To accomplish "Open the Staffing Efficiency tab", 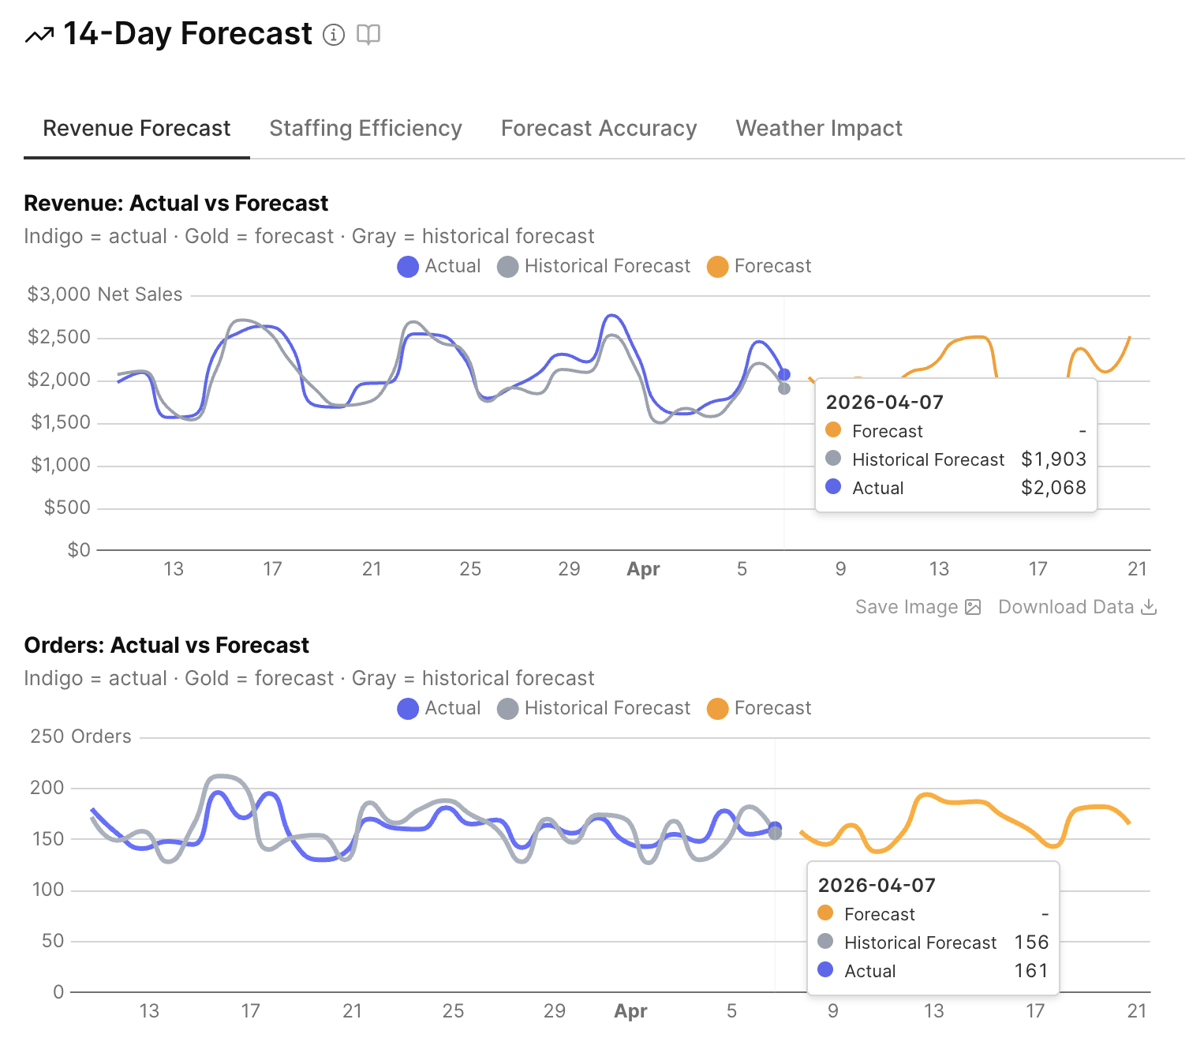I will click(x=365, y=128).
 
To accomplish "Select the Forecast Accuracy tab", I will click(x=599, y=128).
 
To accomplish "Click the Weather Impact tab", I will click(x=819, y=128).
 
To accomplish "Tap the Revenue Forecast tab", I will click(x=136, y=128).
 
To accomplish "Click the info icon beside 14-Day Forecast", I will click(x=334, y=35).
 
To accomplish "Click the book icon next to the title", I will click(x=368, y=35).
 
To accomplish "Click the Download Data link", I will click(x=1077, y=607).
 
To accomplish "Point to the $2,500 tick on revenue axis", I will click(x=59, y=337).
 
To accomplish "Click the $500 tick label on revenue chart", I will click(x=67, y=508).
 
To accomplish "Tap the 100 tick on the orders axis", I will click(x=48, y=890).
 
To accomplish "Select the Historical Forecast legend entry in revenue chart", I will click(x=593, y=267).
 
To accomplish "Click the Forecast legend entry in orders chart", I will click(x=759, y=709).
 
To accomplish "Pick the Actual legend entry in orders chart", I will click(x=439, y=709).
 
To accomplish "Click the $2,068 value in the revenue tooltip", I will click(x=1053, y=488).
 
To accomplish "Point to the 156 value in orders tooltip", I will click(x=1031, y=942).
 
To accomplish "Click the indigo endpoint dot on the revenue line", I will click(x=784, y=375).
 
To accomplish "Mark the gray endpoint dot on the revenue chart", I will click(x=784, y=388).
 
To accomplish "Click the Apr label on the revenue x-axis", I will click(x=643, y=569).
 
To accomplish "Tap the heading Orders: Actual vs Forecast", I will click(x=166, y=646).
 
